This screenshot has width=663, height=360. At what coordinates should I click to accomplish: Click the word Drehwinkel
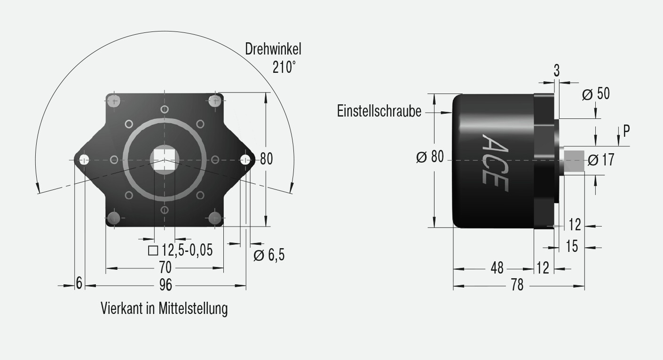click(273, 49)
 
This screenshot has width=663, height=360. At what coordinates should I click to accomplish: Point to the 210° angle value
click(284, 68)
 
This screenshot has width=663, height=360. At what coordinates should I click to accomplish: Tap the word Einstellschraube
click(379, 111)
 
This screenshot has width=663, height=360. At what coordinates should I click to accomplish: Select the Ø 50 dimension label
click(595, 94)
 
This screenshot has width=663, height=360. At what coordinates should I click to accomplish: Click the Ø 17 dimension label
click(601, 160)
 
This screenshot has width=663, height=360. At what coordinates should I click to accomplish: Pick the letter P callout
click(626, 131)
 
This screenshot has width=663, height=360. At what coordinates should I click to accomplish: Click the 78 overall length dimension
click(517, 285)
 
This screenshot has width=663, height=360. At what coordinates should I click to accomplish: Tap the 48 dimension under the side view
click(497, 268)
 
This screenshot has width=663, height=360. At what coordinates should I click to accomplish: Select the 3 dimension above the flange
click(556, 71)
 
